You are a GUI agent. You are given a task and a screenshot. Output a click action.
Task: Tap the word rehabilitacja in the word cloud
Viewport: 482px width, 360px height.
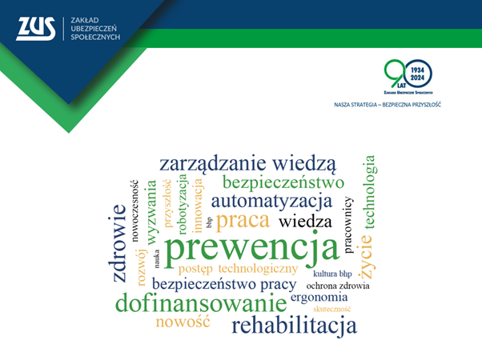point(294,326)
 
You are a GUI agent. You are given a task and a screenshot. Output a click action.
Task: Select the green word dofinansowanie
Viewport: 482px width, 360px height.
point(200,304)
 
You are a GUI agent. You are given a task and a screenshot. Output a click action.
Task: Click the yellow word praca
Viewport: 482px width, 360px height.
point(243,219)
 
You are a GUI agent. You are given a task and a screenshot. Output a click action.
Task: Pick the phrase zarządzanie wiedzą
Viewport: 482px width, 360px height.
point(248,163)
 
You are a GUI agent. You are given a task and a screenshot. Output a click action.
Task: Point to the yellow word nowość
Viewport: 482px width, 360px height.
point(183,322)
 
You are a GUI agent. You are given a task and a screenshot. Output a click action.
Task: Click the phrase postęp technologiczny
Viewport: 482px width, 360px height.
point(238,268)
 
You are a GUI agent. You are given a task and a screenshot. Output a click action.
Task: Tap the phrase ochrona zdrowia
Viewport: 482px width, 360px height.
point(338,285)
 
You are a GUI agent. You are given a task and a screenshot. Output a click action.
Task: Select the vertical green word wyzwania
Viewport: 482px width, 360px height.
point(151,211)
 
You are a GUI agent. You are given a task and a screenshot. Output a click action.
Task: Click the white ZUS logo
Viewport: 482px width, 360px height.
point(36,30)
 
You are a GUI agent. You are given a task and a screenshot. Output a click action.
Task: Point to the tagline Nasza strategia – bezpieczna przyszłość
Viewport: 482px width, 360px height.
point(388,104)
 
